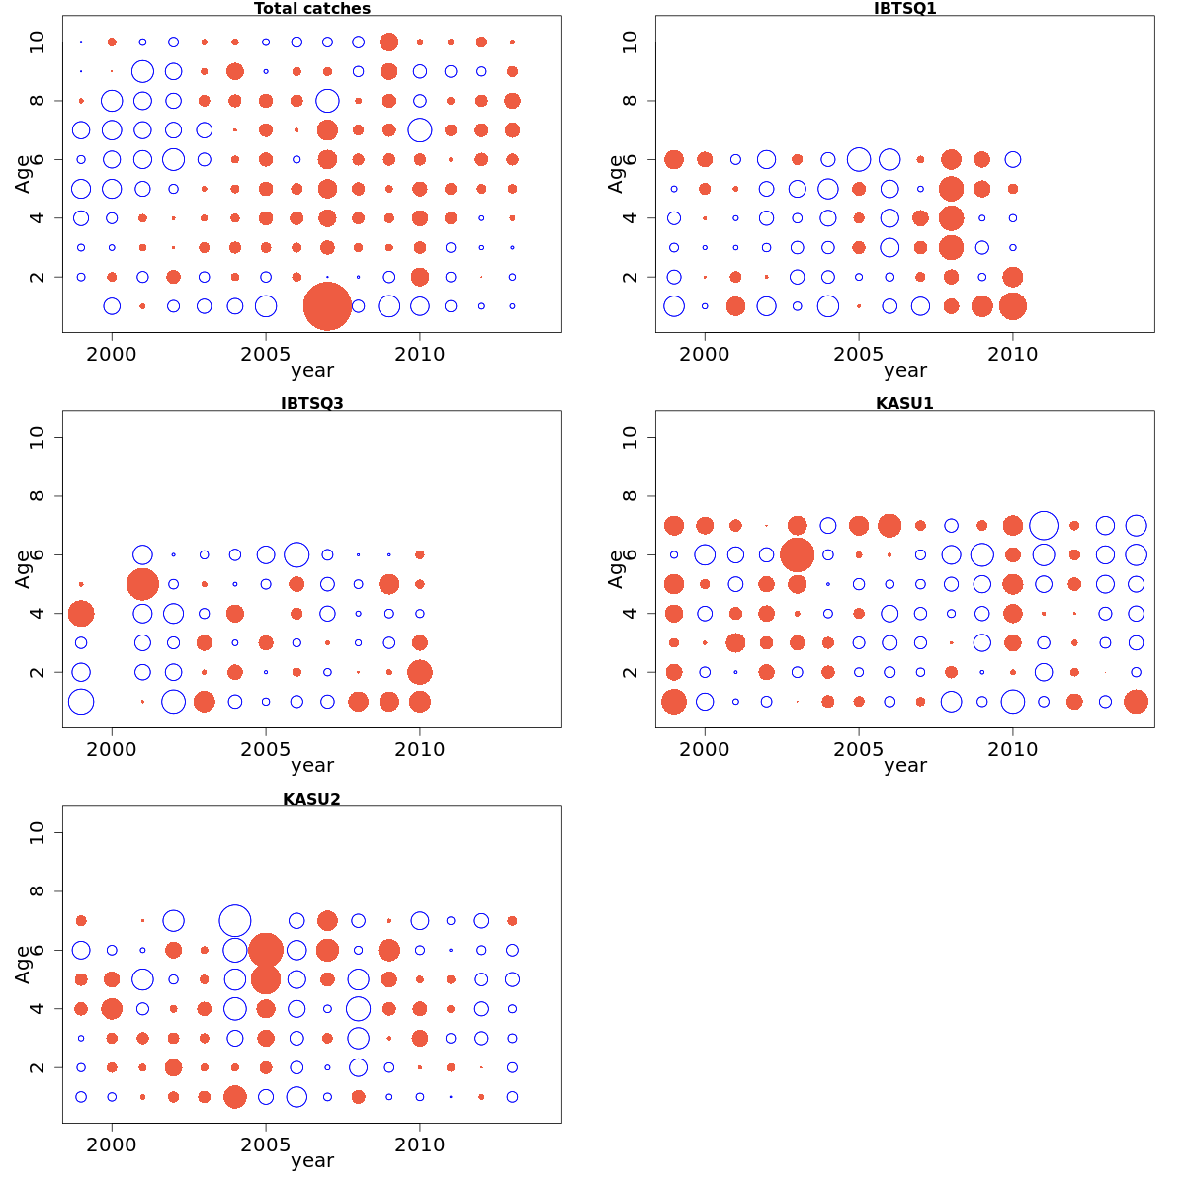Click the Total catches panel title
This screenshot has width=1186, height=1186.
click(312, 9)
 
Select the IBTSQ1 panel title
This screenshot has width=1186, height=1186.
click(904, 9)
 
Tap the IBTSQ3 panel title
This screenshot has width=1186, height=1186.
click(312, 403)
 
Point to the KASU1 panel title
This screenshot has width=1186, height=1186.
click(904, 403)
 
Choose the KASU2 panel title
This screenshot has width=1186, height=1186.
click(312, 799)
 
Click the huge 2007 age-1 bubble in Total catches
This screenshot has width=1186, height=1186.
click(327, 306)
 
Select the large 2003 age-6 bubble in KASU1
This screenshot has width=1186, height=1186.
click(797, 554)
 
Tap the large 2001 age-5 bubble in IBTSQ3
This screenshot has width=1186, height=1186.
click(142, 584)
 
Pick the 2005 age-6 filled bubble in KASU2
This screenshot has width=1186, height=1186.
click(266, 950)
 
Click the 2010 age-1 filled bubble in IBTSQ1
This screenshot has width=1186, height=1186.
click(1012, 306)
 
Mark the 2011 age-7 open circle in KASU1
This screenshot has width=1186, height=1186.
click(1044, 526)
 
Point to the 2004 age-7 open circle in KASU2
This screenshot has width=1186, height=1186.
click(235, 921)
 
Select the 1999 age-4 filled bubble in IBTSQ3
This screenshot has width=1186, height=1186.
click(81, 614)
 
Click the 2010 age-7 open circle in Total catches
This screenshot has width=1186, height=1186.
click(420, 129)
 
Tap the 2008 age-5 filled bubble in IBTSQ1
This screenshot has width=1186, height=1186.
click(951, 189)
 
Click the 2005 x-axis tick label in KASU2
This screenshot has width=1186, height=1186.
click(266, 1145)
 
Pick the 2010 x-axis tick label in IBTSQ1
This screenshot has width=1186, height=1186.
click(1012, 355)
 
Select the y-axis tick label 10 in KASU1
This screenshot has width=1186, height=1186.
click(631, 437)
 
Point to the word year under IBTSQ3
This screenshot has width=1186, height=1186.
click(312, 765)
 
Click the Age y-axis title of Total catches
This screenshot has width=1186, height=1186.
click(23, 174)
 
